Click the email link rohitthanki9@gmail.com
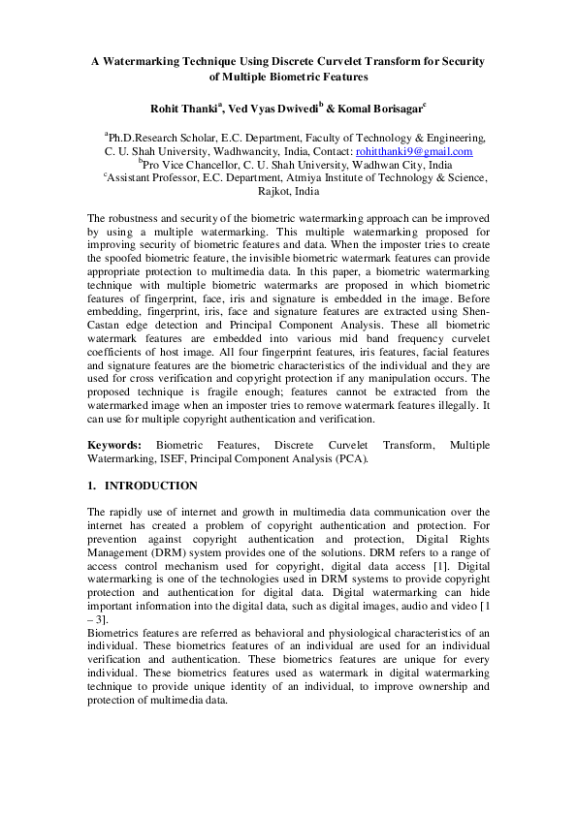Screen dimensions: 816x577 coord(414,152)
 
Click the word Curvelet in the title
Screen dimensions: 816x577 coord(319,60)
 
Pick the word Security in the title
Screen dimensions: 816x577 coord(460,60)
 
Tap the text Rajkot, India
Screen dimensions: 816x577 coord(288,192)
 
